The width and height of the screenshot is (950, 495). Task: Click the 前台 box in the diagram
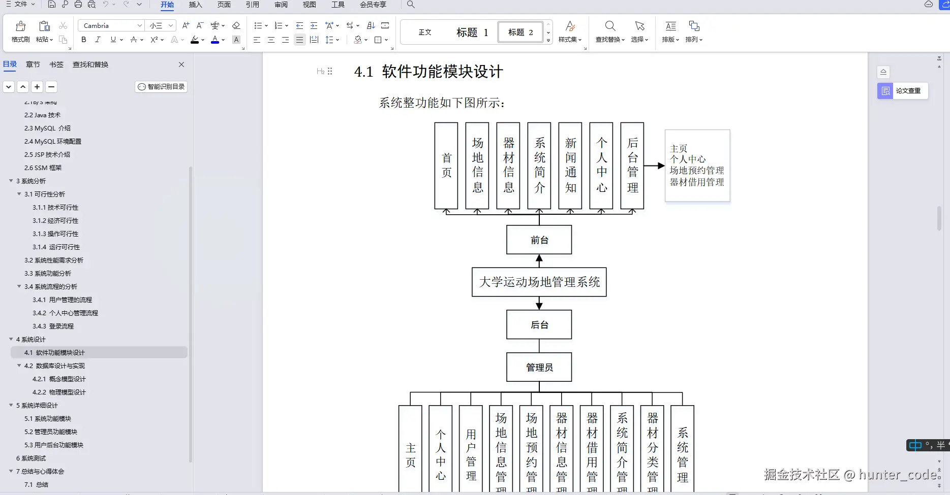click(x=539, y=240)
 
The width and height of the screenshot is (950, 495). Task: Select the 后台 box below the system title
click(x=539, y=325)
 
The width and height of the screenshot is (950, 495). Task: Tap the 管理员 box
click(x=539, y=367)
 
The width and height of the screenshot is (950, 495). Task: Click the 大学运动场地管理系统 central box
click(x=539, y=282)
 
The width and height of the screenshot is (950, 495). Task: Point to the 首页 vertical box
click(x=446, y=166)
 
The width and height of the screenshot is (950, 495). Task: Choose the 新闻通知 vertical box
click(x=570, y=166)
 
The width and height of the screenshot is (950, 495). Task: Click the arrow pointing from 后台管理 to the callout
click(x=654, y=166)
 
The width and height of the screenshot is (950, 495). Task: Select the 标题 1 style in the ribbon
click(x=472, y=32)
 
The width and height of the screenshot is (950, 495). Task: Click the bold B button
click(x=84, y=40)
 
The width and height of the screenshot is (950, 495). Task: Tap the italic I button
click(x=98, y=40)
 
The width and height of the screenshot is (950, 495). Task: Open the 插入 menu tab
click(x=195, y=5)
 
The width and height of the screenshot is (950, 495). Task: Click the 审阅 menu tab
click(x=281, y=5)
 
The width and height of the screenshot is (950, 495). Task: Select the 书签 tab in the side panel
click(x=56, y=64)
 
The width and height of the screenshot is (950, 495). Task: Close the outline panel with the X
click(x=181, y=64)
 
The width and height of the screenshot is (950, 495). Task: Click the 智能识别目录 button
click(x=162, y=87)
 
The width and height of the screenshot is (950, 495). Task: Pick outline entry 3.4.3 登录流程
click(x=53, y=326)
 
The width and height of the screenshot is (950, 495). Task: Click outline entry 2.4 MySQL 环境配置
click(x=53, y=142)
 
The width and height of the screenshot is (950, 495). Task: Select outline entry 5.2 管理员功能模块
click(x=51, y=432)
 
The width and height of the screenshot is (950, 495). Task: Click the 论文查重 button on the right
click(x=903, y=91)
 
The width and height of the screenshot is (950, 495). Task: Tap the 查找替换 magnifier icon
click(x=610, y=26)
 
